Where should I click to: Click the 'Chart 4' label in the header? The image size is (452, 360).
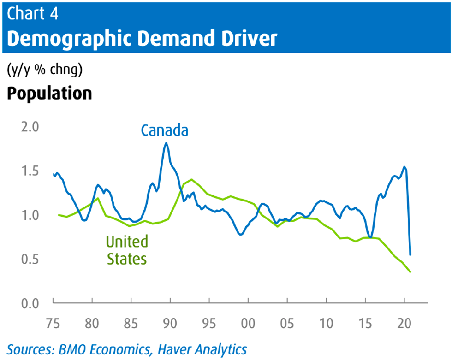tap(33, 13)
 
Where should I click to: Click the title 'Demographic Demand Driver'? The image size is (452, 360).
tap(142, 39)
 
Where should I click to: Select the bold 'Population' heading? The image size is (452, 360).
tap(49, 93)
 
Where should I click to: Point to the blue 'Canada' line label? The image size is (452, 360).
tap(165, 130)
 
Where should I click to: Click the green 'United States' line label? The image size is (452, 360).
tap(127, 250)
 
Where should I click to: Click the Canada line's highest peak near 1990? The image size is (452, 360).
tap(166, 143)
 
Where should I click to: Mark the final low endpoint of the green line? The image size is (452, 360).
tap(410, 272)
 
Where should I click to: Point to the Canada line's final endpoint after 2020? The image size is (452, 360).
tap(410, 254)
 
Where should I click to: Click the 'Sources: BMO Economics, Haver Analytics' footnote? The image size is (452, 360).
tap(127, 349)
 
